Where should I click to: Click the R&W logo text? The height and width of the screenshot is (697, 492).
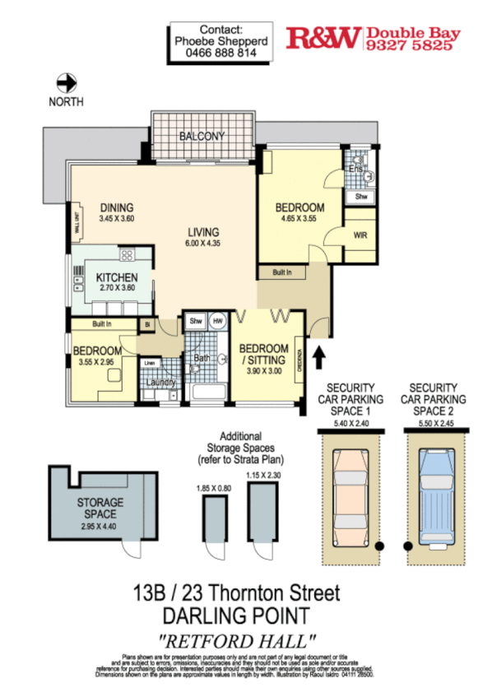click(323, 37)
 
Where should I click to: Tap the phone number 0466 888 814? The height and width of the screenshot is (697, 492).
click(221, 51)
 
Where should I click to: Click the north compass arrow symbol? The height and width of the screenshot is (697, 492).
click(66, 82)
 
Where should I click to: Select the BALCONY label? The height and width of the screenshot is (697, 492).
click(202, 136)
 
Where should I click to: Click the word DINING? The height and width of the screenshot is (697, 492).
click(116, 207)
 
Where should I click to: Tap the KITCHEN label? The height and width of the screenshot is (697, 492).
click(116, 277)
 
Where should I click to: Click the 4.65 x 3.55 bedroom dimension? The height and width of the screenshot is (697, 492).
click(299, 220)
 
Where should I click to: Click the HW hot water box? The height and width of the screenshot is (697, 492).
click(217, 321)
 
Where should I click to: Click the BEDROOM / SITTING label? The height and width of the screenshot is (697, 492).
click(262, 354)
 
